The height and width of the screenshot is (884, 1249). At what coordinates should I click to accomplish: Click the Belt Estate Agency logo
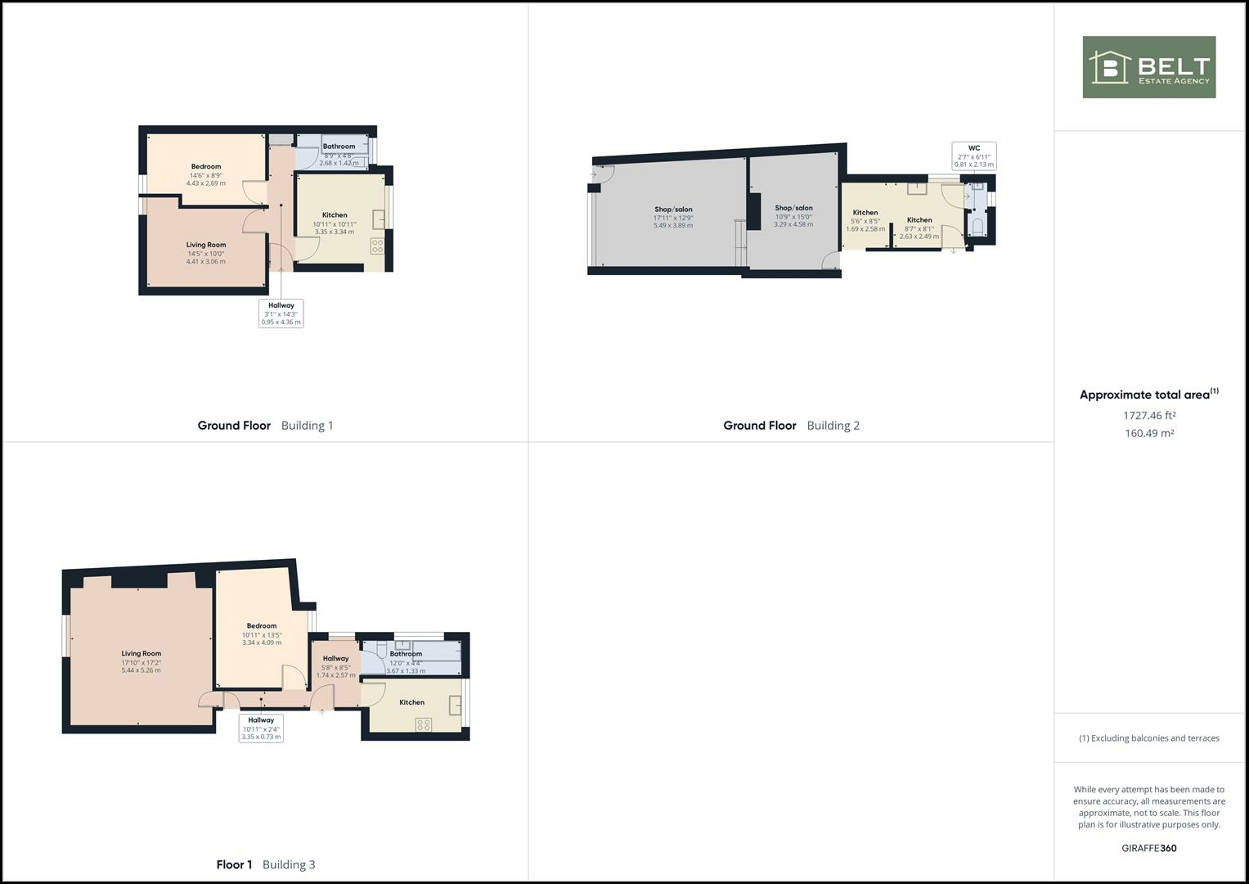1148,67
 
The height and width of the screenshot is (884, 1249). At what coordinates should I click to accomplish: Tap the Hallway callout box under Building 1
281,313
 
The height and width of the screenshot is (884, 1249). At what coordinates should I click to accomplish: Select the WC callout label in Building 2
973,156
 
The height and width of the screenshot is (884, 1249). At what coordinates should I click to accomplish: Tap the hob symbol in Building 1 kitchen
377,244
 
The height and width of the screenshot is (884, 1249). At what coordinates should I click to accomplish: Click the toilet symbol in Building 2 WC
977,225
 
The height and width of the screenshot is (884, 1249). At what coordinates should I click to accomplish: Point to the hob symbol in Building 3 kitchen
424,724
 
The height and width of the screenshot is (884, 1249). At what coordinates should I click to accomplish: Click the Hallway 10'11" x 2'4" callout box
261,728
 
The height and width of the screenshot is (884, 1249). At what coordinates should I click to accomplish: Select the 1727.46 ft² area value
1149,415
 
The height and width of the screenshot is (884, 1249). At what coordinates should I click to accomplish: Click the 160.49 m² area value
1149,433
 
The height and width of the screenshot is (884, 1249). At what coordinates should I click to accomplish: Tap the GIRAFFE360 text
1148,848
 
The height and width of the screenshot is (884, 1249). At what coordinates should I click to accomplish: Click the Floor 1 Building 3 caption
266,864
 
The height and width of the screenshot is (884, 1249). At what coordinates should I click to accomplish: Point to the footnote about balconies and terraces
1148,738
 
